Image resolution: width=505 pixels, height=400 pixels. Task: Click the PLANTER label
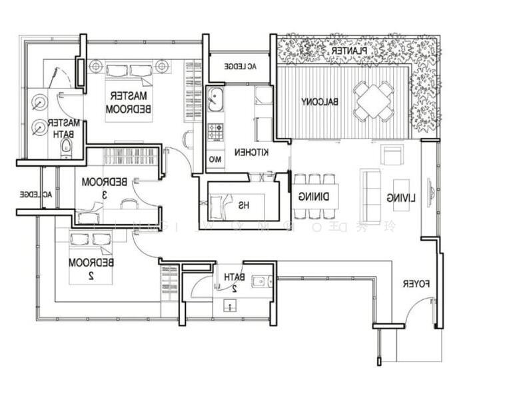[x=348, y=51]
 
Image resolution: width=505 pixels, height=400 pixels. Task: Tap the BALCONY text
[x=319, y=102]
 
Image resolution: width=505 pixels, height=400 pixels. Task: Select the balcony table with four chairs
[x=374, y=101]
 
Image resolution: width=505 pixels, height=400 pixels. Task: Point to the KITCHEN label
[x=251, y=153]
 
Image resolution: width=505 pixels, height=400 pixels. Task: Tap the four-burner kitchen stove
[x=216, y=131]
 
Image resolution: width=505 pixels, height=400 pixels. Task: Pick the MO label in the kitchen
[x=215, y=160]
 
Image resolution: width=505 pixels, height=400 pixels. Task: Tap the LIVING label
[x=400, y=197]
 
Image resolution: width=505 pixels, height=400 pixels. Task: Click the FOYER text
[x=417, y=283]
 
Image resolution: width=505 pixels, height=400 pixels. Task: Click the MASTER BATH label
[x=65, y=128]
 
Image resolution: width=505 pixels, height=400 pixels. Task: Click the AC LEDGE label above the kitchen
[x=240, y=67]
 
